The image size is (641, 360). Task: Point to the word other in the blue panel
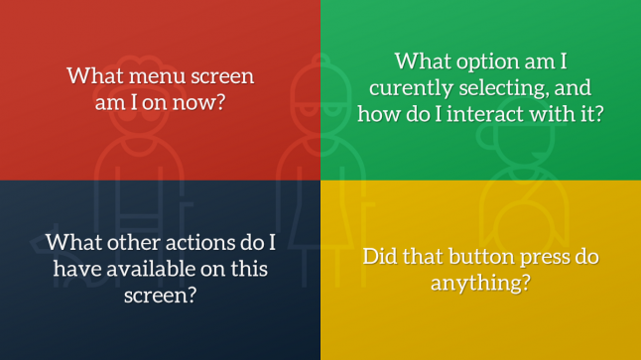[138, 243]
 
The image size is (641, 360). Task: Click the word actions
[205, 243]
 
